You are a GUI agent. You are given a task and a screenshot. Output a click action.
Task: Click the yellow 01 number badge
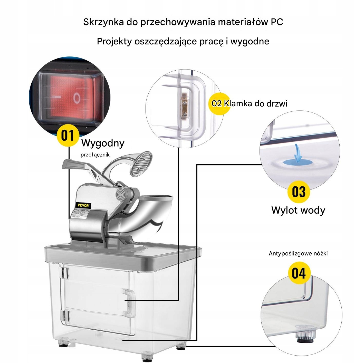pos(68,135)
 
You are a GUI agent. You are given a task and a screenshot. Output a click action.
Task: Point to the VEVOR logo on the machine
pos(84,205)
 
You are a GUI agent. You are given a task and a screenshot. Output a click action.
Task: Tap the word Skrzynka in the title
pos(103,22)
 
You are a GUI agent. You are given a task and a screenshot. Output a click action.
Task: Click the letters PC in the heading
pos(276,22)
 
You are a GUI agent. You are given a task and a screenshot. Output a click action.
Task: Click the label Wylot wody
pos(298,210)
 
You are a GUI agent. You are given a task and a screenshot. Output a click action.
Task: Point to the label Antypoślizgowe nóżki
pos(298,254)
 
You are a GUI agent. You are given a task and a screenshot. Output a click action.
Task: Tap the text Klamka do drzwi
pos(255,103)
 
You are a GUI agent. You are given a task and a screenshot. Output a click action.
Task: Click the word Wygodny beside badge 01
pos(103,143)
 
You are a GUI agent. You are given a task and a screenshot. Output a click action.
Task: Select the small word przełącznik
pos(95,155)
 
